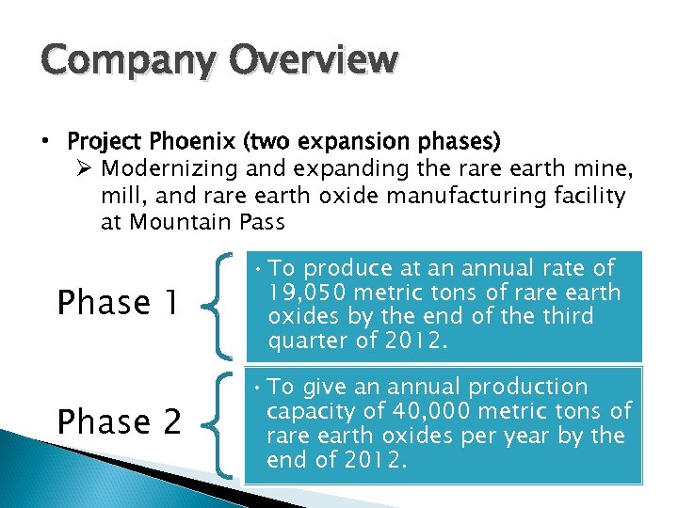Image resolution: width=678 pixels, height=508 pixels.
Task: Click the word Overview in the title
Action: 310,59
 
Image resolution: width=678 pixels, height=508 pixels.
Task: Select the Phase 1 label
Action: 118,303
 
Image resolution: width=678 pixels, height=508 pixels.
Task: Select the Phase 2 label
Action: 120,422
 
